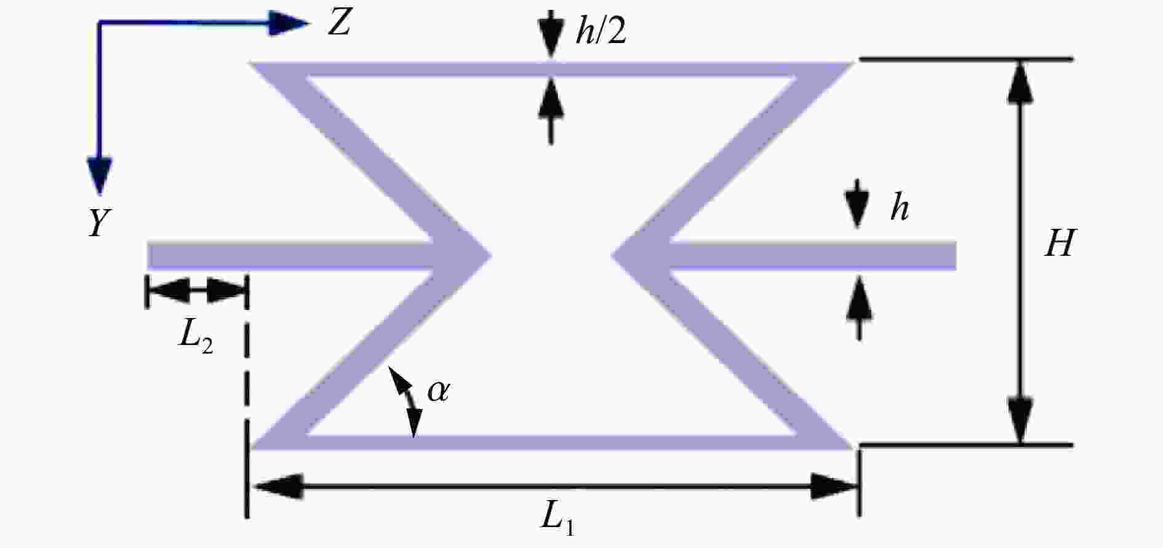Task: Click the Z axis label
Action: (x=339, y=25)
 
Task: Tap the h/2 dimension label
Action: (x=601, y=31)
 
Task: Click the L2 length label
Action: (x=196, y=337)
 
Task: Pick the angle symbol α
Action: (x=439, y=391)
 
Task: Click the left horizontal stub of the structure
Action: (x=289, y=255)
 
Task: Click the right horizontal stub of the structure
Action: (x=812, y=255)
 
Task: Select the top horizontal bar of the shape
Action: (x=551, y=69)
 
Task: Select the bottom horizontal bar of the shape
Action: (x=551, y=442)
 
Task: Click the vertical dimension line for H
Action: (x=1020, y=252)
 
